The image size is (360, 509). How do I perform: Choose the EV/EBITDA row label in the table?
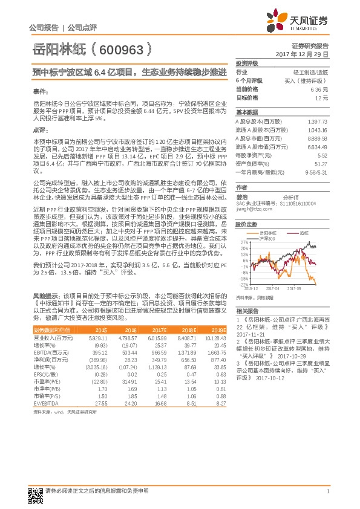click(45, 403)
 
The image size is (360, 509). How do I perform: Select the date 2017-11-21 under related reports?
click(251, 334)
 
